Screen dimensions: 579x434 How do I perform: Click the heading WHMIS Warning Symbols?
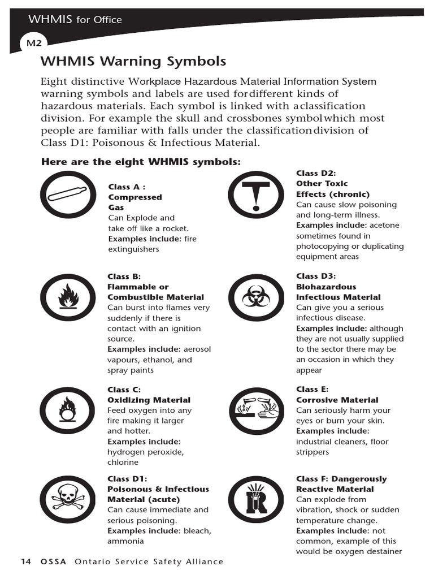click(x=133, y=61)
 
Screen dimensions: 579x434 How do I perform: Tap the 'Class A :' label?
click(x=127, y=187)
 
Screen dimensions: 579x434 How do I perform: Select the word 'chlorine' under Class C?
click(x=123, y=463)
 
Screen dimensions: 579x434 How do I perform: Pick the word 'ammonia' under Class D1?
click(x=125, y=541)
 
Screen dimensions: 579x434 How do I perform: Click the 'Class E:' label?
click(x=312, y=389)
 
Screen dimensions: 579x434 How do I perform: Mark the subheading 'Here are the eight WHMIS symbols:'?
click(x=141, y=162)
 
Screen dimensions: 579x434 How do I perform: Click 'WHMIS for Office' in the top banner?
click(x=75, y=20)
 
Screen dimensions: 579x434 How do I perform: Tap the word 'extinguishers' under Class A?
click(x=133, y=249)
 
